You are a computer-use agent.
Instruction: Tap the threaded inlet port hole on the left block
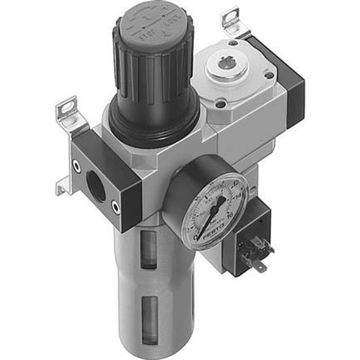coord(96,187)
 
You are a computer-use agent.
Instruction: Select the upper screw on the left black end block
coord(76,165)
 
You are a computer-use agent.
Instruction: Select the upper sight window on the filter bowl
coord(149,248)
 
